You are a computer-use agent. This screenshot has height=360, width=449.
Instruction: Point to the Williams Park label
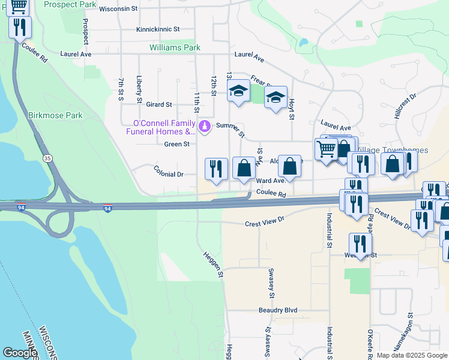tap(175, 47)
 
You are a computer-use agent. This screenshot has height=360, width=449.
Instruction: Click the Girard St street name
tap(159, 104)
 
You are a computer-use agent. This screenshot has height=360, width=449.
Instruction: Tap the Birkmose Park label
tap(55, 115)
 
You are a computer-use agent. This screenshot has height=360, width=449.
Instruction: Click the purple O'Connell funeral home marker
tap(205, 126)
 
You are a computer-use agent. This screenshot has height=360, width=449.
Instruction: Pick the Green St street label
tap(176, 144)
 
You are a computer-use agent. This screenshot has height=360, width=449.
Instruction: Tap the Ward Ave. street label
tap(270, 181)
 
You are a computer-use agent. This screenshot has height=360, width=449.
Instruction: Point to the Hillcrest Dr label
tap(406, 106)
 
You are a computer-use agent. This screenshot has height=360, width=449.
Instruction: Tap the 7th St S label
tap(121, 88)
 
